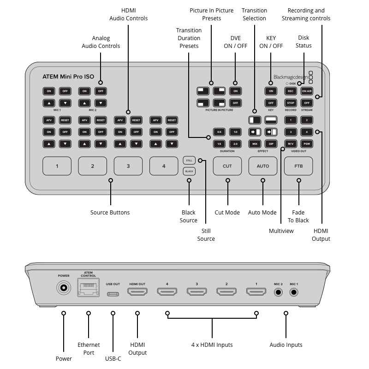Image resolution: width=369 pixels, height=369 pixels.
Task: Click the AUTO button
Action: tap(263, 166)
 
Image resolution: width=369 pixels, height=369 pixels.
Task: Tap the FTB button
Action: tap(298, 166)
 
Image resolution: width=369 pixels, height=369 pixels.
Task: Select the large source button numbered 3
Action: tap(128, 166)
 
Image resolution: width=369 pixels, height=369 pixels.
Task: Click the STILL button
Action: tap(189, 160)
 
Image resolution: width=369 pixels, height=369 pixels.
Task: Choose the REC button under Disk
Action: tap(290, 91)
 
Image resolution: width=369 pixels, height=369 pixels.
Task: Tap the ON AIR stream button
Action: tap(307, 91)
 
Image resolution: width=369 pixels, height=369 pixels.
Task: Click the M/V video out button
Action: tap(290, 144)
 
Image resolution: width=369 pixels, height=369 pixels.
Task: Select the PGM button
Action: tap(307, 144)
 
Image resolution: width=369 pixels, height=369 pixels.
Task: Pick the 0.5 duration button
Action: tap(219, 132)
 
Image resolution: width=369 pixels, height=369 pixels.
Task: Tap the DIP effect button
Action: tap(271, 144)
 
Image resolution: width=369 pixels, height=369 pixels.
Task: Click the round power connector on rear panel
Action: tap(63, 289)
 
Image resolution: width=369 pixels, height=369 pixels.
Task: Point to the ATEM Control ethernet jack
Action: tap(88, 289)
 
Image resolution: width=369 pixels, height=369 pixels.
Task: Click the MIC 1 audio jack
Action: tap(294, 292)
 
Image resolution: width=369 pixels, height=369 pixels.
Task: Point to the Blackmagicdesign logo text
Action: tap(291, 77)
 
